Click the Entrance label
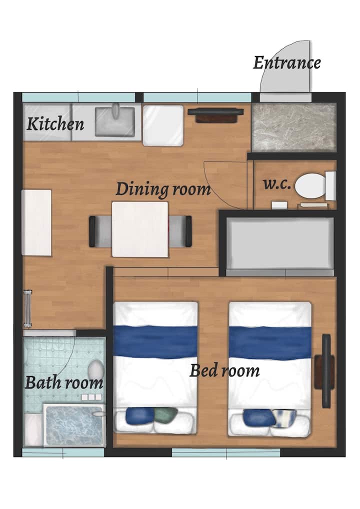tap(286, 62)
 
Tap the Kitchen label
tap(55, 123)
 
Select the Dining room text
tap(163, 189)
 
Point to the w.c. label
tap(277, 184)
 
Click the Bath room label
tap(64, 382)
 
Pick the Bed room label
tap(224, 370)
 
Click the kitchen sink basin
tap(115, 121)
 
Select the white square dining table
tap(140, 229)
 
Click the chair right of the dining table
tap(180, 231)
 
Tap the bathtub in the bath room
tap(74, 425)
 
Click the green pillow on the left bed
tap(165, 415)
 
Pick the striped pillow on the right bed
tap(284, 417)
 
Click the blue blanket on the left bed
tap(155, 341)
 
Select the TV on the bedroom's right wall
tap(326, 371)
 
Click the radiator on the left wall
tap(27, 308)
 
